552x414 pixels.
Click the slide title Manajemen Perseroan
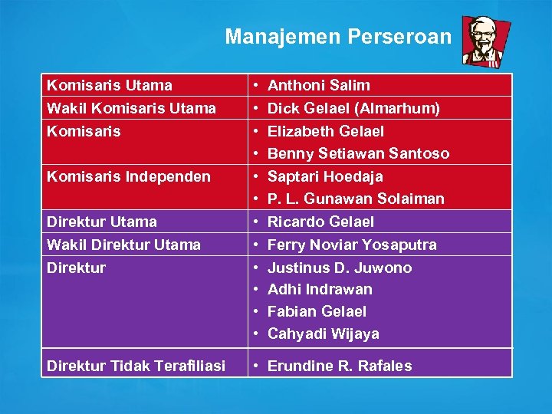(338, 36)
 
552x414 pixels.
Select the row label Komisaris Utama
(109, 85)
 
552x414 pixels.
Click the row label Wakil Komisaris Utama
(131, 108)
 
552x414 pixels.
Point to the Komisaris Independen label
(128, 176)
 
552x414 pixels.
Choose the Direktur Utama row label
(101, 222)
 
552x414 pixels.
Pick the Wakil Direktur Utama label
(123, 245)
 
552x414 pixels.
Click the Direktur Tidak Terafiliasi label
(136, 366)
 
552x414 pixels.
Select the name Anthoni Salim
(318, 85)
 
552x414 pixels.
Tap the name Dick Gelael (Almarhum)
(353, 108)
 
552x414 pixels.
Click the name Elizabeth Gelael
(325, 131)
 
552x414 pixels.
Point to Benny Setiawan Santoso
(358, 153)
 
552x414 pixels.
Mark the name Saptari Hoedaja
(325, 176)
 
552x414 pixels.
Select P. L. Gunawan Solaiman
(356, 199)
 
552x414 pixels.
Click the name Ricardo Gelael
(320, 222)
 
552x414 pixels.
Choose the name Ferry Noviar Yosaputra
(352, 245)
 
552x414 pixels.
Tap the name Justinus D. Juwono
(339, 268)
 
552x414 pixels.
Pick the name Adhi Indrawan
(320, 289)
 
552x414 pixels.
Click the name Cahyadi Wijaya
(323, 333)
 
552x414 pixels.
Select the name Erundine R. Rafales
(339, 366)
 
